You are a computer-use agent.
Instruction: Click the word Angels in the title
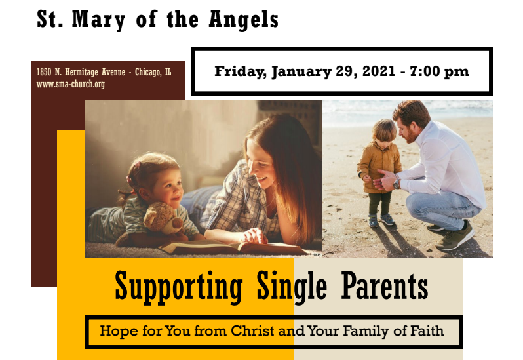(x=244, y=20)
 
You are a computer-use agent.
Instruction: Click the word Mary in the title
(x=99, y=20)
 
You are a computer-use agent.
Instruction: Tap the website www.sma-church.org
(x=71, y=84)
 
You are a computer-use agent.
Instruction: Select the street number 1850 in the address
(x=44, y=72)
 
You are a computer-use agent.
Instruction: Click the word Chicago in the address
(x=148, y=72)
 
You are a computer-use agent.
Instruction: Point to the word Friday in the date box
(x=240, y=71)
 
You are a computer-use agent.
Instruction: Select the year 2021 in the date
(x=379, y=71)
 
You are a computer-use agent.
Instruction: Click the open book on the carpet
(x=230, y=248)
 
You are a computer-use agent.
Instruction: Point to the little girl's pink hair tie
(x=128, y=180)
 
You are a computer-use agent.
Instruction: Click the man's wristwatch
(x=397, y=184)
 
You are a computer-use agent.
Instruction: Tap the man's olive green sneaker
(x=455, y=237)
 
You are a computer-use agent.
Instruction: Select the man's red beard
(x=411, y=136)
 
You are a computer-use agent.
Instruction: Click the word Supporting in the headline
(x=178, y=287)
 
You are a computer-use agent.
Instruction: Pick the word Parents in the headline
(x=385, y=285)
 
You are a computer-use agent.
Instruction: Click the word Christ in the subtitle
(x=253, y=331)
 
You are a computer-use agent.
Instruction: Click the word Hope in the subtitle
(x=119, y=331)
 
